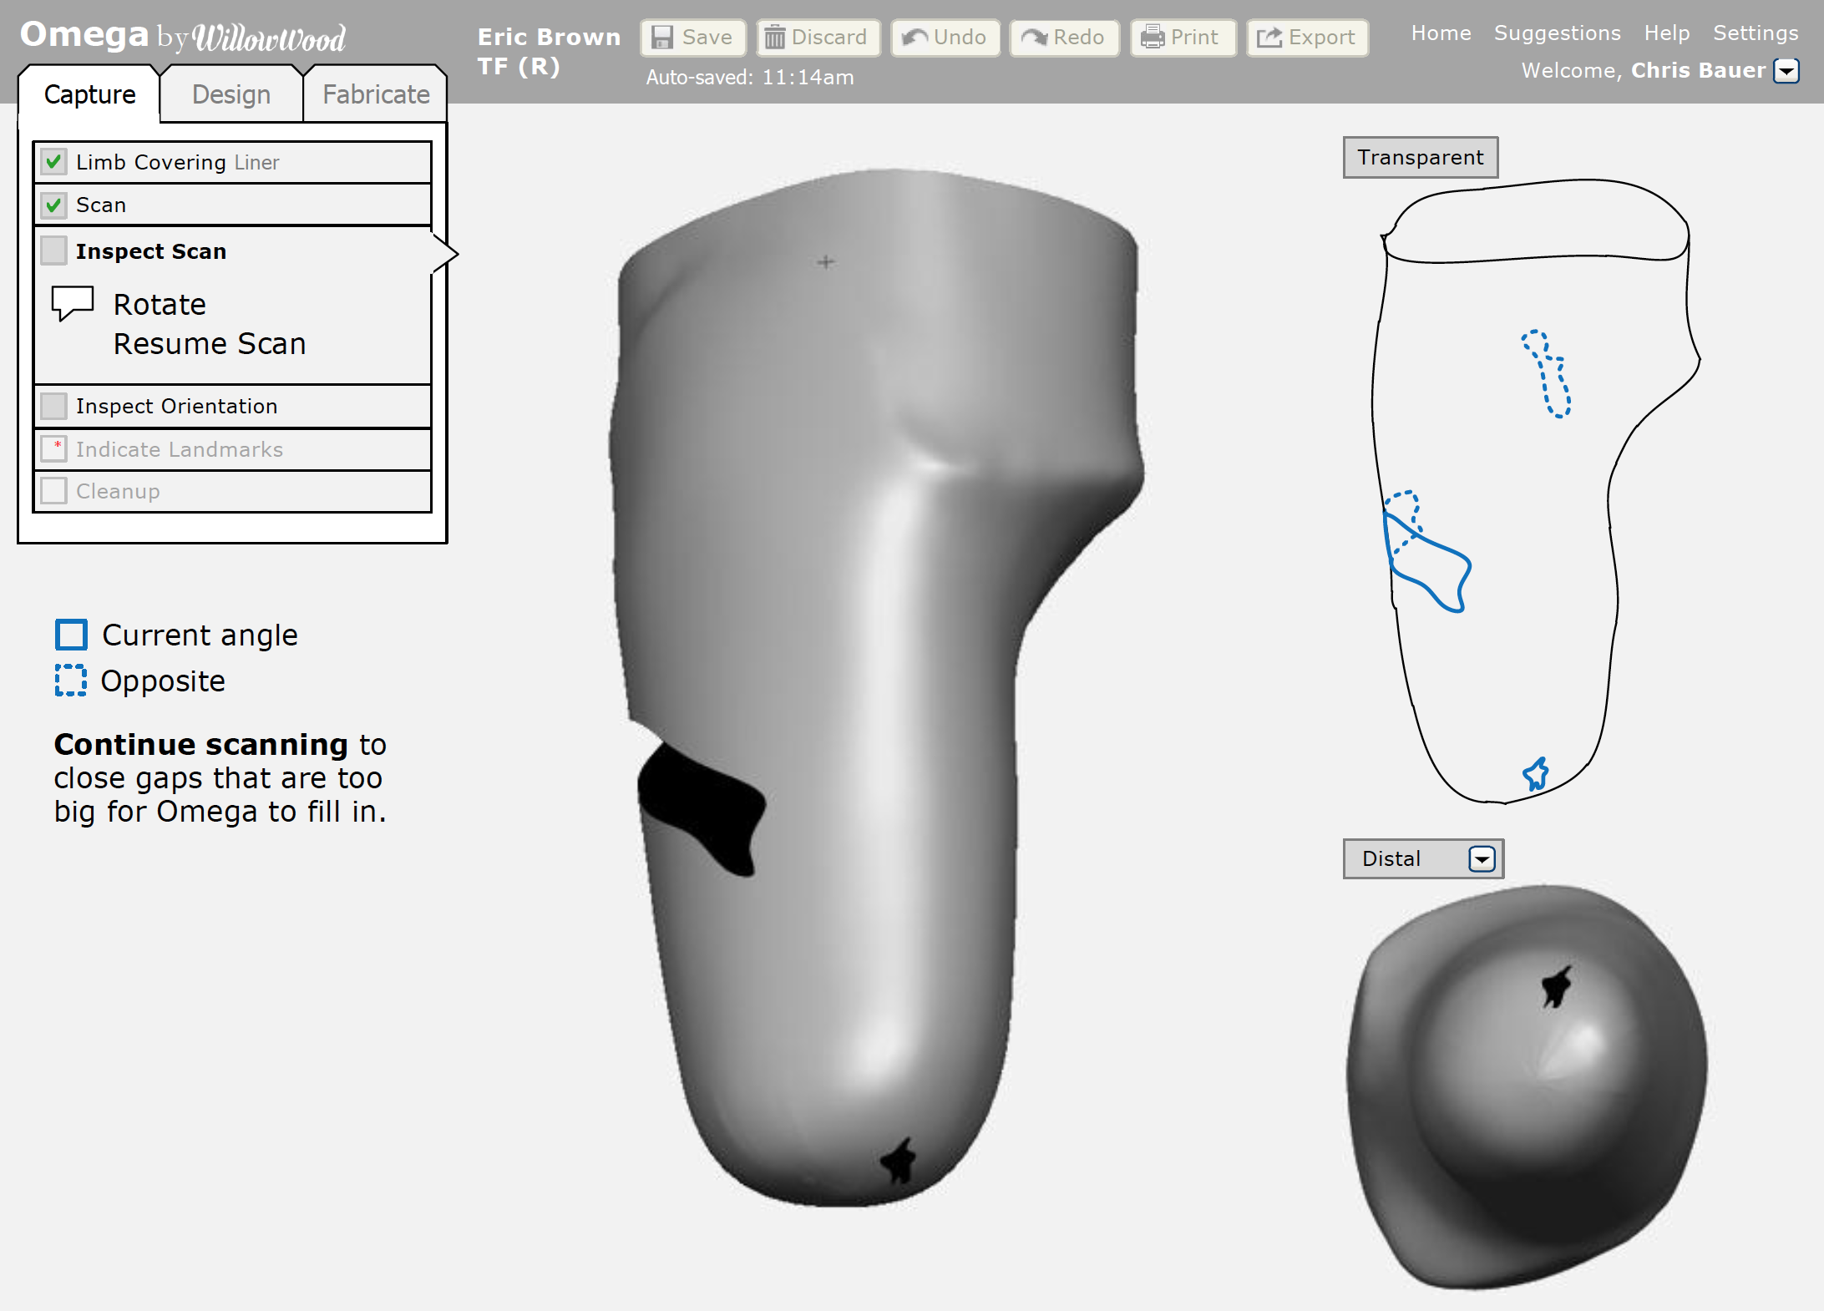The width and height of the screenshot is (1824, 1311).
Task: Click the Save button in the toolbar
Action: tap(692, 38)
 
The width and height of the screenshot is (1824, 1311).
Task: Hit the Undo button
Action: tap(945, 38)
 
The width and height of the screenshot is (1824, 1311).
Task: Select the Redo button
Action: tap(1064, 38)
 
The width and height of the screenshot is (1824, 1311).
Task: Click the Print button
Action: tap(1183, 38)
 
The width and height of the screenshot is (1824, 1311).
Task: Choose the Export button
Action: tap(1307, 38)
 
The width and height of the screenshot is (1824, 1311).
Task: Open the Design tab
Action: tap(231, 94)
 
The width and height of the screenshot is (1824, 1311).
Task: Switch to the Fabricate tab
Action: tap(376, 94)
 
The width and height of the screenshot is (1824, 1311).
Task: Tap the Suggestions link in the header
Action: tap(1557, 33)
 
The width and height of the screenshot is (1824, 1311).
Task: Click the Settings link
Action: tap(1756, 33)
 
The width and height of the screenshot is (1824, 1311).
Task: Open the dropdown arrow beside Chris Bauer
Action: tap(1786, 71)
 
